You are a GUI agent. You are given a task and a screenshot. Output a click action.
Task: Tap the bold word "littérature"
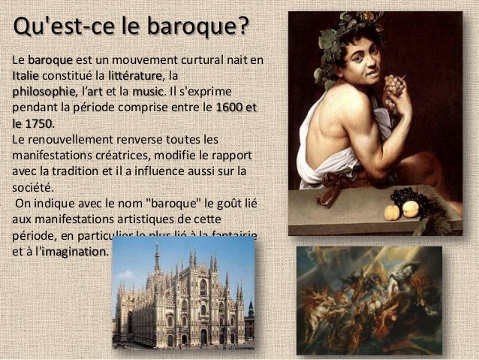coord(134,75)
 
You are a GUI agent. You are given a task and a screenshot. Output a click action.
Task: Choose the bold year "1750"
coord(35,123)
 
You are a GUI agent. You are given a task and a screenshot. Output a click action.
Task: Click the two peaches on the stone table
coord(402,209)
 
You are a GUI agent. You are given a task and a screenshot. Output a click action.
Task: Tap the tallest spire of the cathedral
coord(156,259)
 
